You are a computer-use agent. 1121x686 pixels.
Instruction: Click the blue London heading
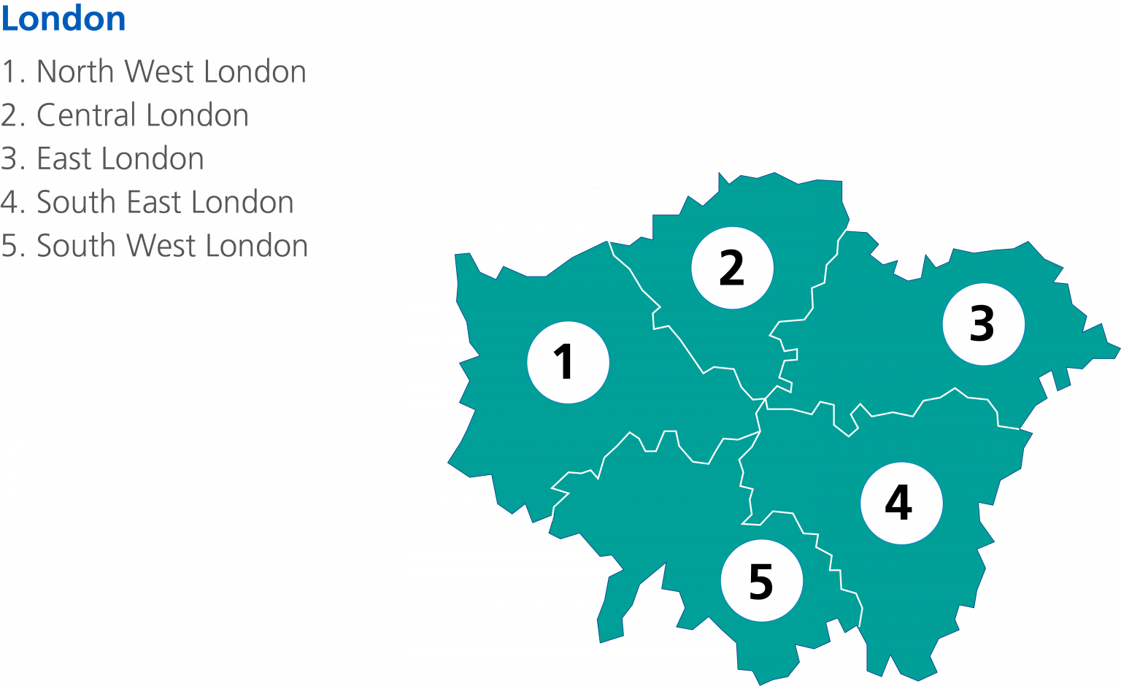click(x=63, y=19)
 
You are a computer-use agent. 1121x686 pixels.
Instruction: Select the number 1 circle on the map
click(x=568, y=362)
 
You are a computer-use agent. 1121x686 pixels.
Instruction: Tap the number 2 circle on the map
click(x=732, y=268)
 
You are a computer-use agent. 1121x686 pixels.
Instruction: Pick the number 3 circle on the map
click(x=983, y=324)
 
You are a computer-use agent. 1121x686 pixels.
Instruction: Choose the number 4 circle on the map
click(x=901, y=503)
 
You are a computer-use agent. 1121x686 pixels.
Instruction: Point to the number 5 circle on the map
click(x=761, y=581)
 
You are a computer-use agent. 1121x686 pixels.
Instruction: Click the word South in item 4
click(x=76, y=202)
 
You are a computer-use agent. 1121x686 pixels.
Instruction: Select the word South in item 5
click(x=76, y=246)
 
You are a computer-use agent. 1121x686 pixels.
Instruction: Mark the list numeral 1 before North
click(x=9, y=72)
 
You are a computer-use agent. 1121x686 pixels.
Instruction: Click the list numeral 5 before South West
click(x=9, y=247)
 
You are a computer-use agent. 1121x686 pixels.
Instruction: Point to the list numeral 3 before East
click(x=9, y=159)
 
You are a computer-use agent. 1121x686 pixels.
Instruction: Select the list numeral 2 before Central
click(x=9, y=115)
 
